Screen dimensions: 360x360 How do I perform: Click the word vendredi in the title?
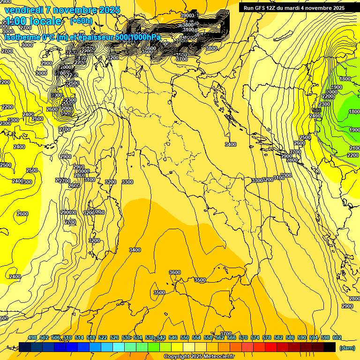(x=23, y=10)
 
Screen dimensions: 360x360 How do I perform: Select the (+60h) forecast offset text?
(x=81, y=21)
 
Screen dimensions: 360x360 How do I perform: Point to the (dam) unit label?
(x=346, y=347)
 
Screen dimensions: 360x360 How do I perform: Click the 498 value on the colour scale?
(x=32, y=337)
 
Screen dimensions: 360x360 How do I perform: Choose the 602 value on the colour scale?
(x=337, y=337)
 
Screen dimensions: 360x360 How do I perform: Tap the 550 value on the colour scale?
(x=185, y=337)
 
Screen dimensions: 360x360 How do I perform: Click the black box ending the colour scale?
(x=330, y=347)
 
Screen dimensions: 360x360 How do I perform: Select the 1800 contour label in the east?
(x=345, y=79)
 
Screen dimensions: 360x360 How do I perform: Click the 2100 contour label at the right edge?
(x=354, y=148)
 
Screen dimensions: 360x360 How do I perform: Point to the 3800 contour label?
(x=211, y=48)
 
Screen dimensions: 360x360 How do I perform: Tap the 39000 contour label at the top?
(x=187, y=15)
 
